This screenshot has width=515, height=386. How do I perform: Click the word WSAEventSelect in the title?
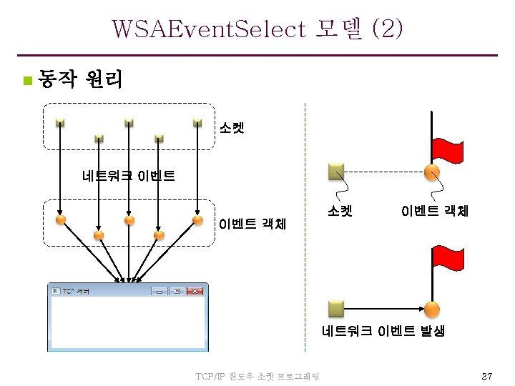(208, 30)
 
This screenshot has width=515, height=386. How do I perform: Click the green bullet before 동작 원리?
(26, 79)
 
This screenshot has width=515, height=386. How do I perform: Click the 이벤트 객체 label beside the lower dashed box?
(252, 224)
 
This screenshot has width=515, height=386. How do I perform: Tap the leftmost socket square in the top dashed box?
(61, 122)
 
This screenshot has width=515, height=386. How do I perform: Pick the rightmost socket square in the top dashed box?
(197, 122)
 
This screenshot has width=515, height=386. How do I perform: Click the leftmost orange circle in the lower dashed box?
(61, 219)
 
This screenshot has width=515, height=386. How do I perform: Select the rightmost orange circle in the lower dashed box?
(197, 219)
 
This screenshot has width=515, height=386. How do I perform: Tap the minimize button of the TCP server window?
(159, 292)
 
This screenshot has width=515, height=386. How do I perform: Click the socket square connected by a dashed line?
(335, 172)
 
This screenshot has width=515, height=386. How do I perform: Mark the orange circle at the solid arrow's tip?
(432, 309)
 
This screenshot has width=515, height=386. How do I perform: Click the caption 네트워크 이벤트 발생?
(383, 332)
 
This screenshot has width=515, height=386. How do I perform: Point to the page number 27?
(487, 376)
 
